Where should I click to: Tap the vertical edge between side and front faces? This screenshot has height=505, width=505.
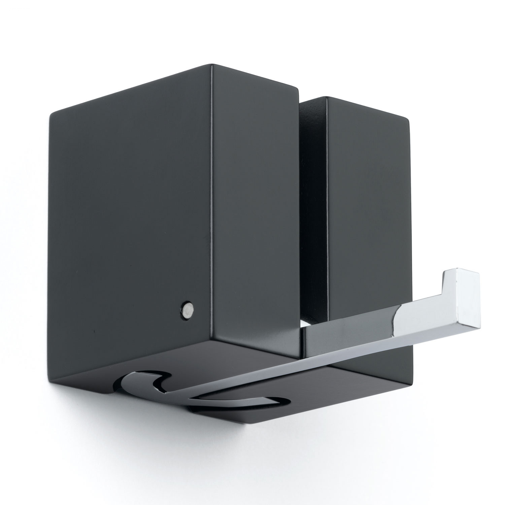[211, 202]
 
